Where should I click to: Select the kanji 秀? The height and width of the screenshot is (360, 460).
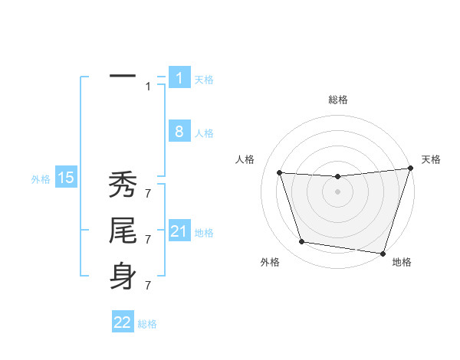(123, 186)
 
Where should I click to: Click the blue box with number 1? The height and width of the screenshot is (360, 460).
(179, 78)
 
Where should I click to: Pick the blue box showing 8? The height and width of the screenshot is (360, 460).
(179, 132)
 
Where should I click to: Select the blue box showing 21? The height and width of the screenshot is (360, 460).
(179, 231)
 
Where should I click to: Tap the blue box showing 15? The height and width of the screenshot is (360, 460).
(66, 178)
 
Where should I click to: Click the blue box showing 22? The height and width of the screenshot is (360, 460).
(123, 322)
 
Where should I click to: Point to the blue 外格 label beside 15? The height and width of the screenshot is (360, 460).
(41, 179)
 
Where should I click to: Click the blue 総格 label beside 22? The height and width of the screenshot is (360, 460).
(147, 324)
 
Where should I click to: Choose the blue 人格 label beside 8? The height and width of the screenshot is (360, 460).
(204, 133)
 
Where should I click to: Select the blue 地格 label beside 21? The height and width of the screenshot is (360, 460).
(204, 233)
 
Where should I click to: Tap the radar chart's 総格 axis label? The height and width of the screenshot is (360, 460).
(338, 100)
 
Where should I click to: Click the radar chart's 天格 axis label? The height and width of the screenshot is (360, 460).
(432, 159)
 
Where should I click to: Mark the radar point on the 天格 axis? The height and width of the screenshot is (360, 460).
(410, 169)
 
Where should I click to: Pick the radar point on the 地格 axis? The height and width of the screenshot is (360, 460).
(383, 254)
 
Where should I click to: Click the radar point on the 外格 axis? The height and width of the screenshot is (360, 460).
(302, 242)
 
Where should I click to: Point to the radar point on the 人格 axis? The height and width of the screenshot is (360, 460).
(280, 173)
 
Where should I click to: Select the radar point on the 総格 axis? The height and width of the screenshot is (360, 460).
(338, 177)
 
